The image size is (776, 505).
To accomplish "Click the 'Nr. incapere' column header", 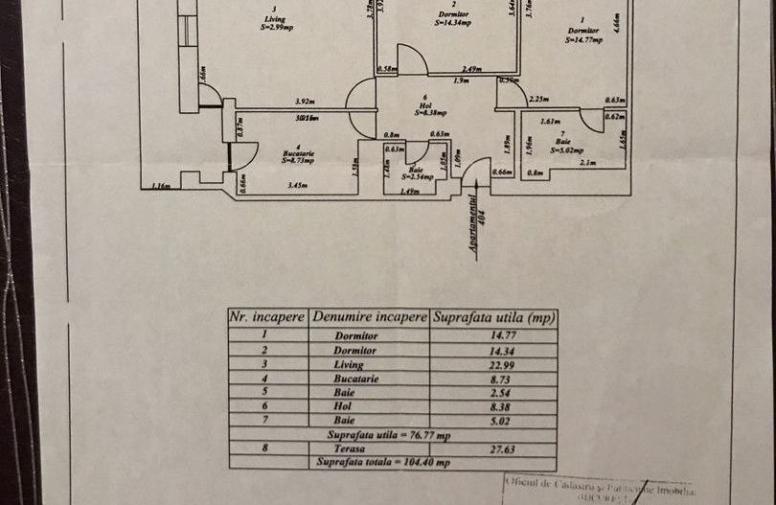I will [x=267, y=316].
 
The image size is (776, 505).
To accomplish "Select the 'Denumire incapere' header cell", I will [x=369, y=316].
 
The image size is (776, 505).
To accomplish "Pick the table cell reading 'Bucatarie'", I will [x=357, y=379].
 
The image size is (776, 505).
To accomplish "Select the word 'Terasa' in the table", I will [x=358, y=448].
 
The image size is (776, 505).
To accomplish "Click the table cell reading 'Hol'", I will [x=357, y=405].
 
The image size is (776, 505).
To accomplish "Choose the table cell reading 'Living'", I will [x=357, y=365].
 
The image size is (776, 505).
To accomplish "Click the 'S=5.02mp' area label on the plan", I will [x=568, y=149].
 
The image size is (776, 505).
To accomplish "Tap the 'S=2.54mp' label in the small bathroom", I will [x=418, y=176].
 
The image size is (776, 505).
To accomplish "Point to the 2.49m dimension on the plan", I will [x=470, y=69].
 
